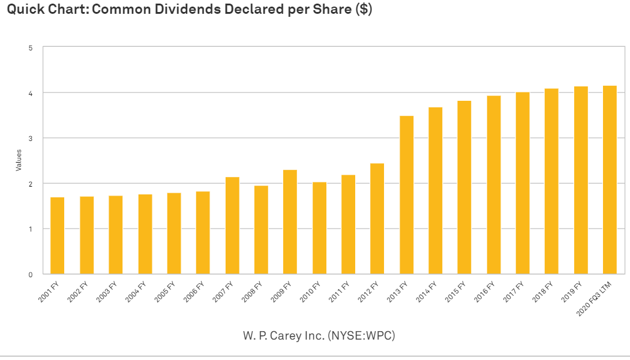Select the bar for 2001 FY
coord(57,236)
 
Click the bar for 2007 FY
coord(232,226)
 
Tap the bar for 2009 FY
coord(290,222)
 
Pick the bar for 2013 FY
coord(407,195)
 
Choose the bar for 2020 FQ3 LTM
coord(610,180)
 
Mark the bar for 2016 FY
coord(494,185)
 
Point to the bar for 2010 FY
coord(319,228)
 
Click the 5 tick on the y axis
coord(31,48)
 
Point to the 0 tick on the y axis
coord(31,275)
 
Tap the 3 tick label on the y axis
coord(31,139)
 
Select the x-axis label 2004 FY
coord(136,292)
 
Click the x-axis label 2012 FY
coord(368,292)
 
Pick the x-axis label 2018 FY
coord(543,292)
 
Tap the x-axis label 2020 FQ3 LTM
coord(594,299)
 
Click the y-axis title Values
coord(19,160)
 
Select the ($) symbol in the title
coord(364,9)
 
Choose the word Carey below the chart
coord(286,336)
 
